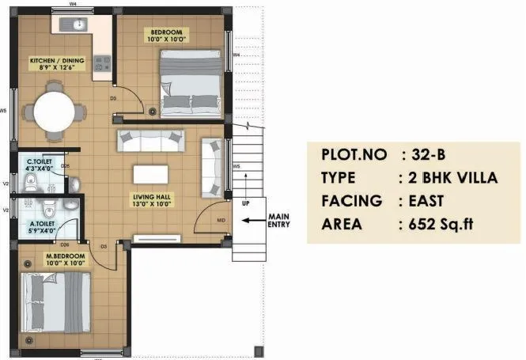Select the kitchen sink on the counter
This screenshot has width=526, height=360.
[80, 24]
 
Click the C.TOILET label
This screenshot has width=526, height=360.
[39, 162]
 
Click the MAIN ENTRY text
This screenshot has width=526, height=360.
[280, 220]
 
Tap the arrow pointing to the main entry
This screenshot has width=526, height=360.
[253, 221]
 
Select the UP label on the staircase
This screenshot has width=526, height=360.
[247, 203]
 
